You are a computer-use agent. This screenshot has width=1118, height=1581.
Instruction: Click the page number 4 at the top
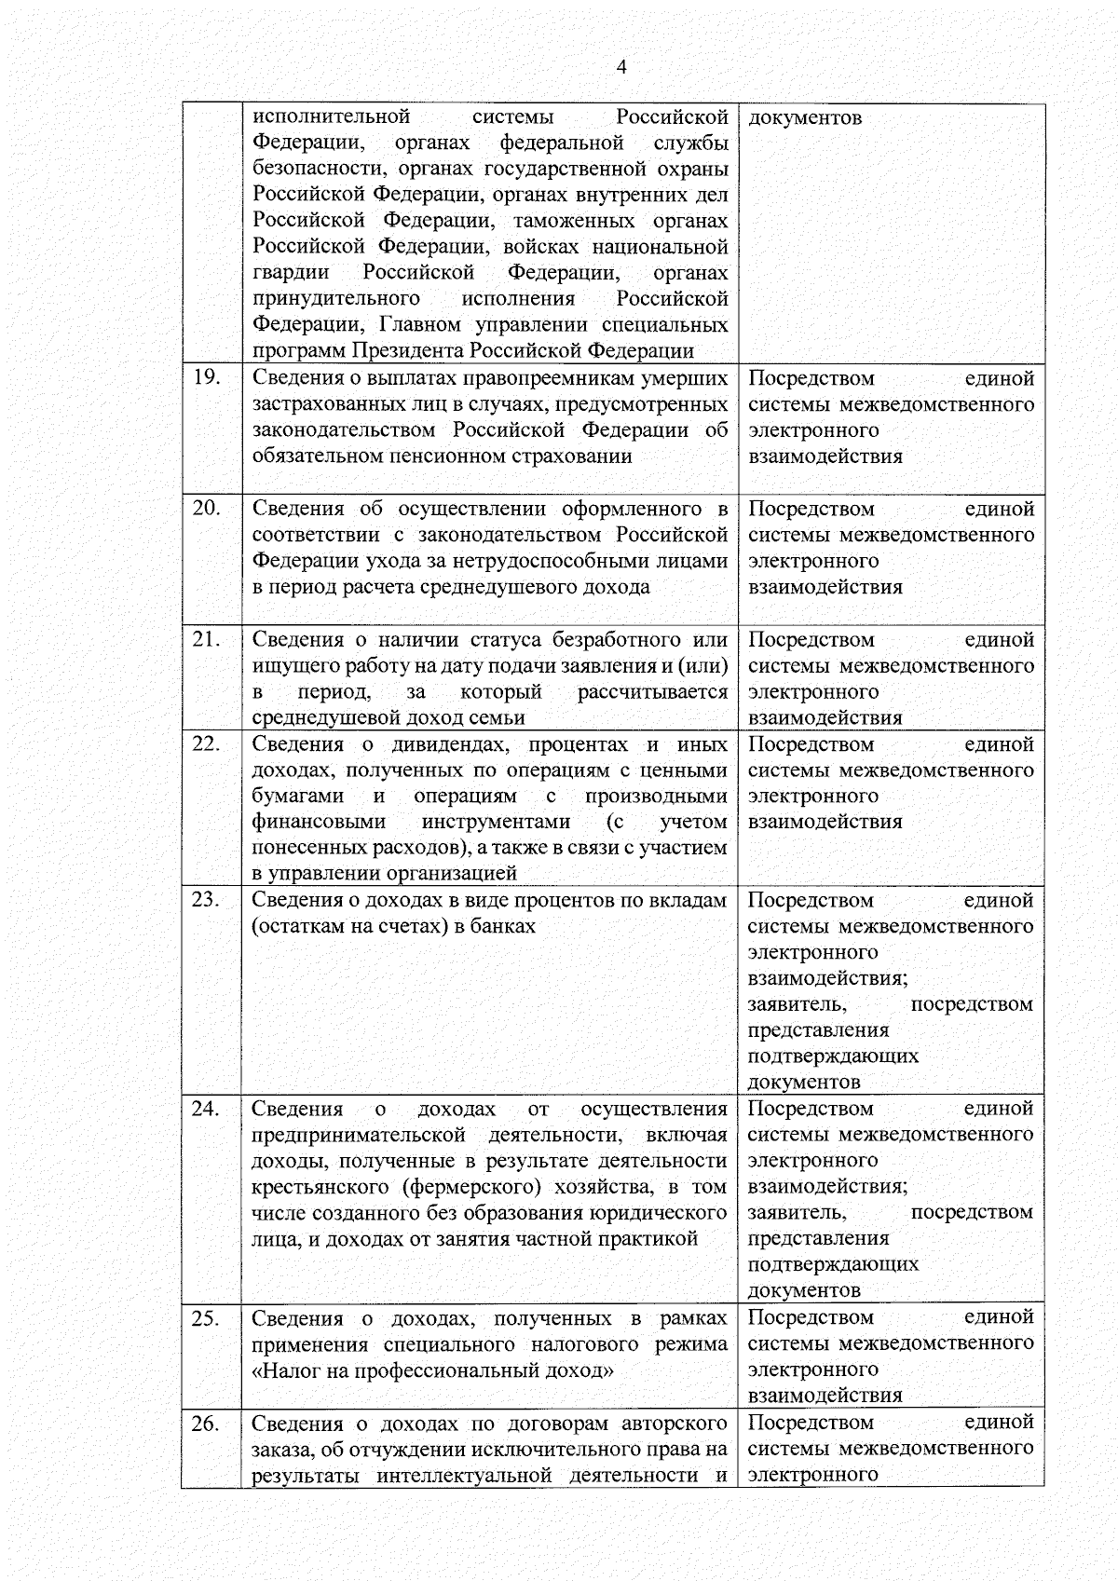pyautogui.click(x=621, y=67)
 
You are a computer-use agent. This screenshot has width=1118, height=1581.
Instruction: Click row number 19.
pyautogui.click(x=206, y=377)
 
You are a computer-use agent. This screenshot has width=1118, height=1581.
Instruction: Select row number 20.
pyautogui.click(x=206, y=508)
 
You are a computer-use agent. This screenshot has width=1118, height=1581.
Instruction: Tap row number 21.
pyautogui.click(x=206, y=639)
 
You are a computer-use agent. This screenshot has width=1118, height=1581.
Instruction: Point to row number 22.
pyautogui.click(x=206, y=743)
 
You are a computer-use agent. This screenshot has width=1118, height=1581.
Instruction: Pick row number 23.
pyautogui.click(x=206, y=899)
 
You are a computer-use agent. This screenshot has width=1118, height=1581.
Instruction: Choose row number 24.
pyautogui.click(x=206, y=1108)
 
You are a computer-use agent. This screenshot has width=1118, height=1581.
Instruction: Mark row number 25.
pyautogui.click(x=206, y=1317)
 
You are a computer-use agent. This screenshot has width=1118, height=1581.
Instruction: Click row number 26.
pyautogui.click(x=206, y=1423)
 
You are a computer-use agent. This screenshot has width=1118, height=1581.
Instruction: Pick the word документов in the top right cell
pyautogui.click(x=805, y=117)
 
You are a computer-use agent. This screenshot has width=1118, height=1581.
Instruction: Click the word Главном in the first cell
pyautogui.click(x=421, y=325)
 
